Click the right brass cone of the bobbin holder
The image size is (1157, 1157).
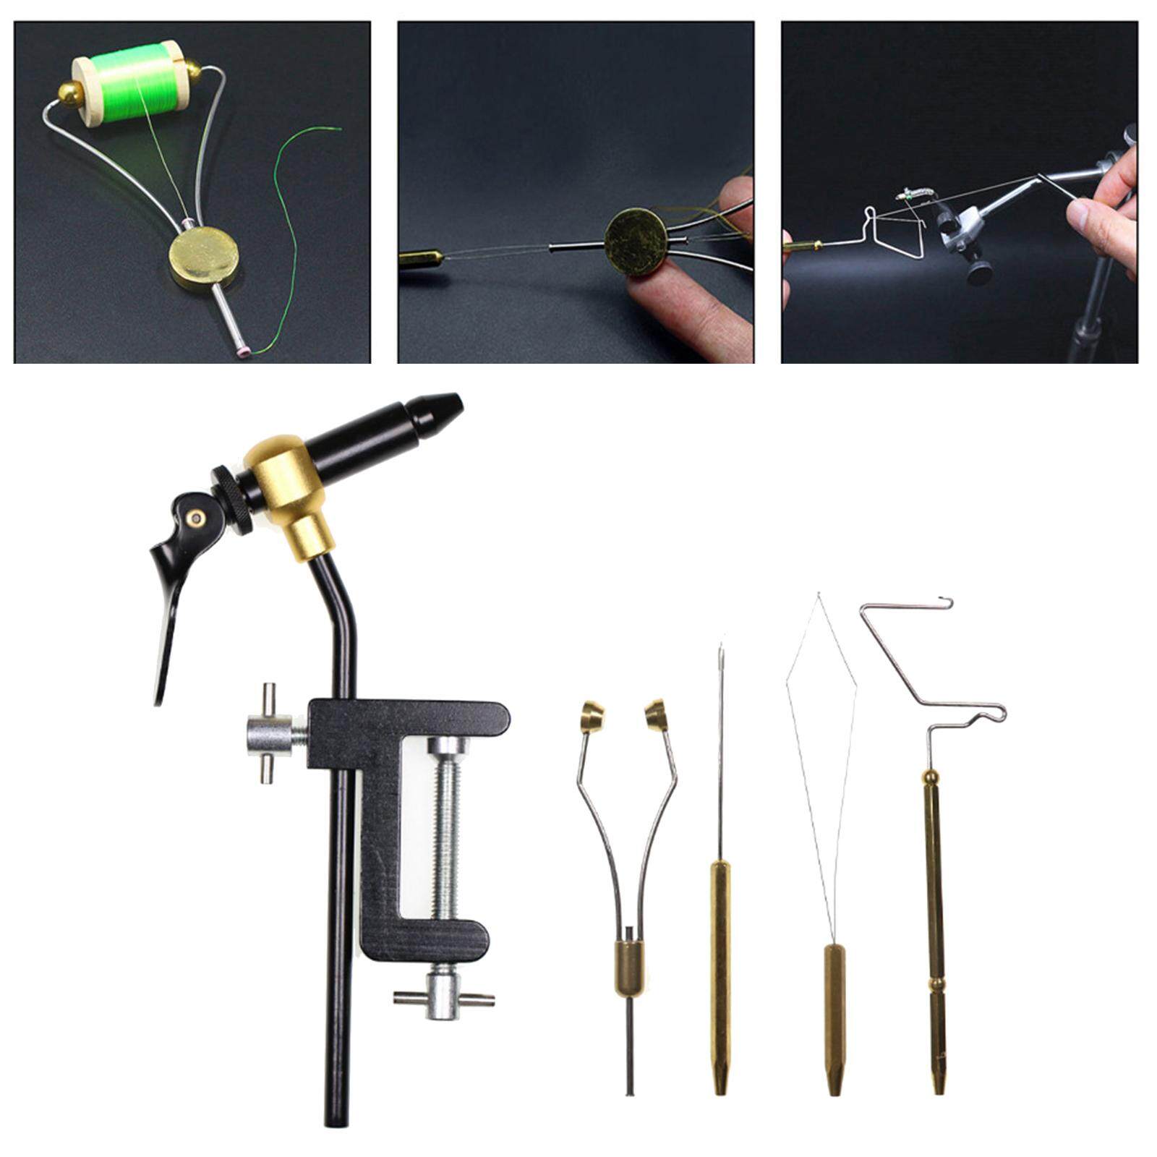coord(657,712)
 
